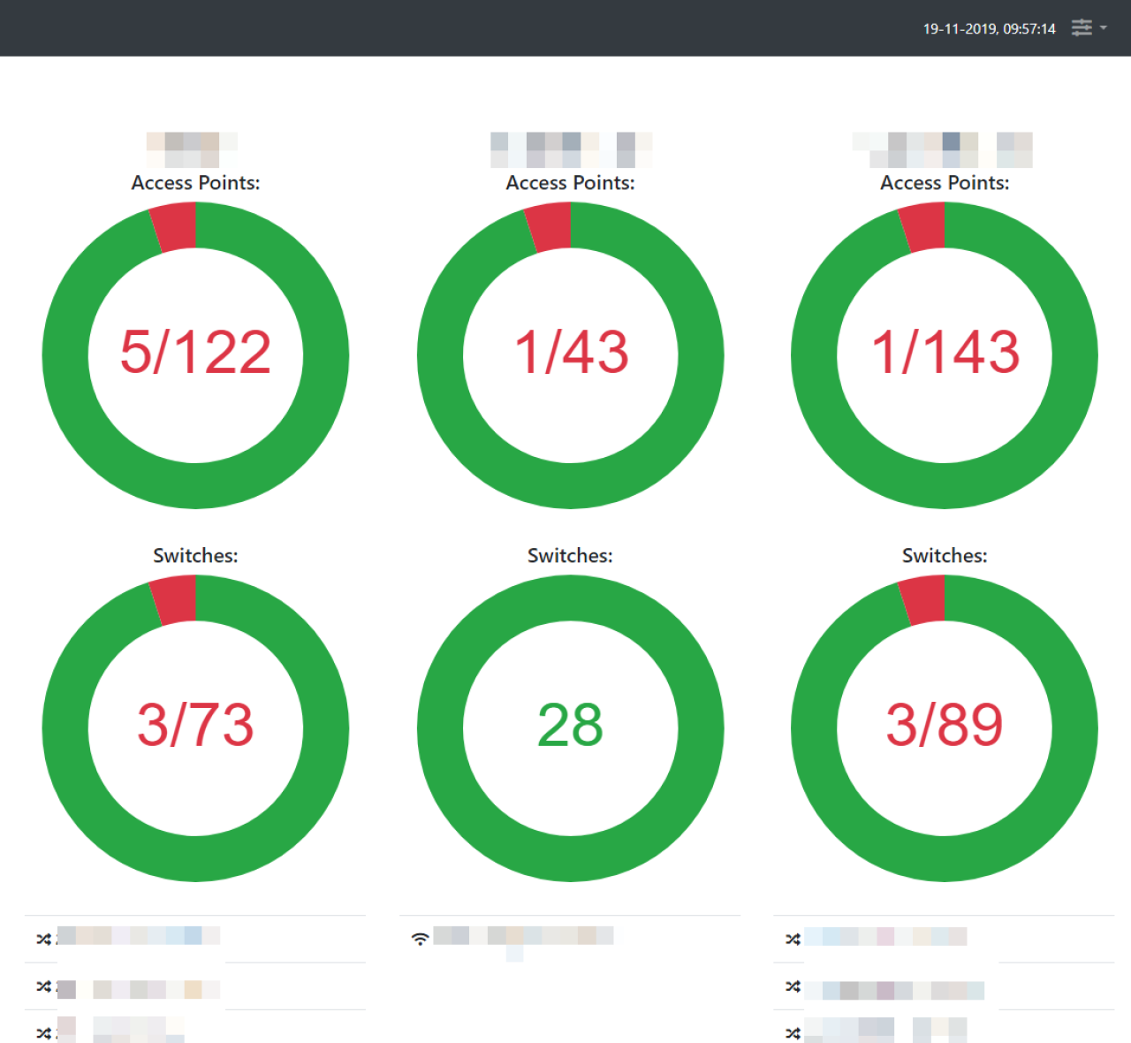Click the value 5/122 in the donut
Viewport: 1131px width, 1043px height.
195,352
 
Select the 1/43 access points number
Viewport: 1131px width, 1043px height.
571,352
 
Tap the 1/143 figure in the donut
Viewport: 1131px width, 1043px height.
945,352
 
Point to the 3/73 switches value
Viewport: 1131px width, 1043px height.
195,725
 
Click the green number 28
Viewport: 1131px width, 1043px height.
571,725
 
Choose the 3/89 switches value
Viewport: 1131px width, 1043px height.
945,725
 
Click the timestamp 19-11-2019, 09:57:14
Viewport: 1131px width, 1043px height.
989,29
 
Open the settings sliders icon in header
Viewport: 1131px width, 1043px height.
1082,28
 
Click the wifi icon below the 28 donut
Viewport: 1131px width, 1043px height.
421,938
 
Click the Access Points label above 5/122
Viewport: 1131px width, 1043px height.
195,183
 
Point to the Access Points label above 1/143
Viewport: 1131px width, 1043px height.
945,183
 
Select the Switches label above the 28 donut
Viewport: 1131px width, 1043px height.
570,556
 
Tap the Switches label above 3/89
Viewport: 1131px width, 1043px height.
945,556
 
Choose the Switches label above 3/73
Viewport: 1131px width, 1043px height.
195,556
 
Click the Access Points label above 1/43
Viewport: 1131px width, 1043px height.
570,183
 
